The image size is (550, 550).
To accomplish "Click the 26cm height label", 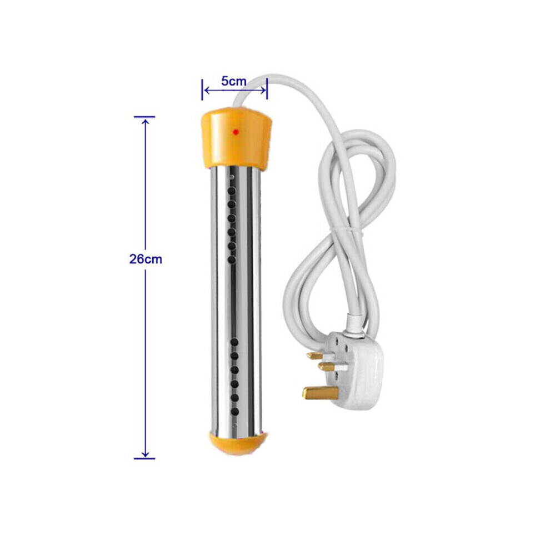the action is click(x=146, y=259).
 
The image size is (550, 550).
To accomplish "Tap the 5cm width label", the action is click(x=233, y=81).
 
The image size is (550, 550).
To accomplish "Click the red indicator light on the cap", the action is click(x=236, y=132).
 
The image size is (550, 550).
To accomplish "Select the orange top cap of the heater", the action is click(x=237, y=138).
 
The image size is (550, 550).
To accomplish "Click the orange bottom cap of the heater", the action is click(x=237, y=443).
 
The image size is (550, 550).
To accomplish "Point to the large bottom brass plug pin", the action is click(x=320, y=393).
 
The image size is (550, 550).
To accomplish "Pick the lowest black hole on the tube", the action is click(x=234, y=412).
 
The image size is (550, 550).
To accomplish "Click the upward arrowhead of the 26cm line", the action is click(x=145, y=121).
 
